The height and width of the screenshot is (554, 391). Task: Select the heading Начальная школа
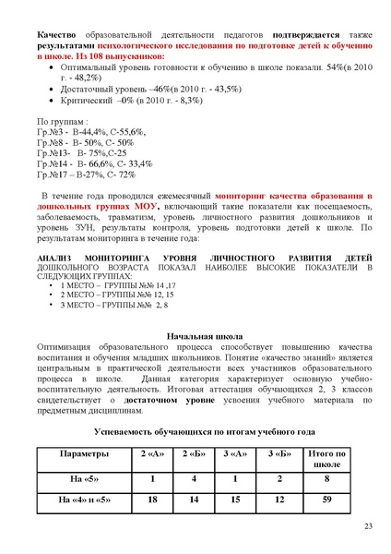coord(195,336)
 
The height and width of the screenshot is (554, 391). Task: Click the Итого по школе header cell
coord(326,459)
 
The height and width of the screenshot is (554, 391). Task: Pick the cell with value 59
coord(326,500)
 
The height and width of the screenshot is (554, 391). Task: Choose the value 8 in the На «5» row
coord(326,479)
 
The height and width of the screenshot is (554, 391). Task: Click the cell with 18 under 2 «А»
coord(153,500)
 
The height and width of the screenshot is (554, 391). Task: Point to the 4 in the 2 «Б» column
coord(195,479)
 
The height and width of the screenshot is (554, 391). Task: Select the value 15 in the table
coord(236,500)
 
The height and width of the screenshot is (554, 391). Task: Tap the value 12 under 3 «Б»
coord(278,500)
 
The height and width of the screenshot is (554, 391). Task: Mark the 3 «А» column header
coord(236,453)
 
